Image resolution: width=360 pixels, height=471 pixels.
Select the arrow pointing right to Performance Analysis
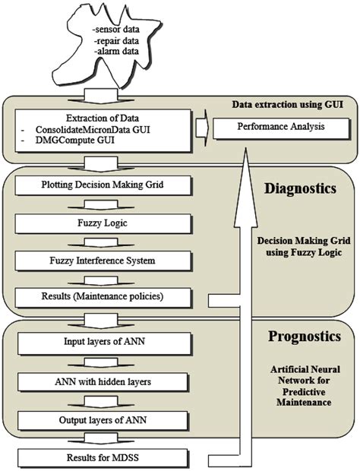coord(199,126)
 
